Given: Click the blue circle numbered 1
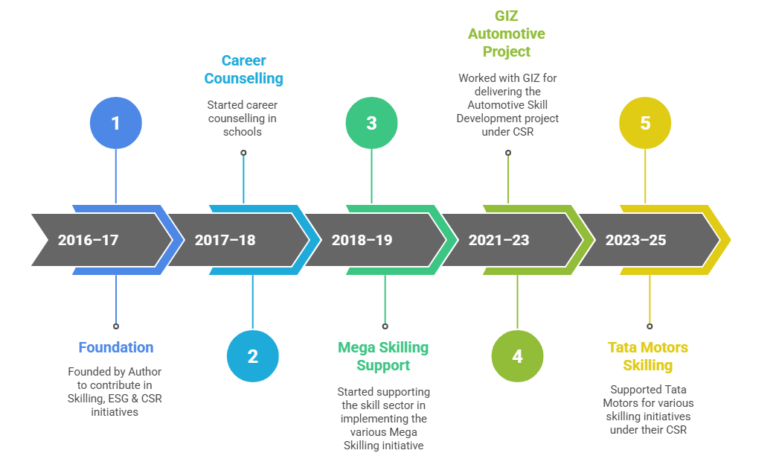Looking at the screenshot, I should (115, 123).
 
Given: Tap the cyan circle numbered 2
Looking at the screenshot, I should (252, 356).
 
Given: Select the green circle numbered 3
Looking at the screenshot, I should (371, 123).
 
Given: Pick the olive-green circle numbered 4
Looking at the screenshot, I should (517, 356).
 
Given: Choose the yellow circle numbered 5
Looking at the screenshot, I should (645, 123).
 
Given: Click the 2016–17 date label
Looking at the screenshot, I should (88, 240).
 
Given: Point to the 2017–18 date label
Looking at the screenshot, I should (225, 240).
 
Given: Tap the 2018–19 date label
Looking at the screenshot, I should (362, 240).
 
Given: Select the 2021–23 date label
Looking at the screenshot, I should (499, 240).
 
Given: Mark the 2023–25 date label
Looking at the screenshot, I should (635, 240).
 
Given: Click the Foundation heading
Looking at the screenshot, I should (116, 347).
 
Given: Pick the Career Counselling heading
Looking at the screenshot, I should (243, 69).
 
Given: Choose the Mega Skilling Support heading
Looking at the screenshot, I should (383, 356).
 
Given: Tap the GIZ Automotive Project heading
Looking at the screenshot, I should (506, 34).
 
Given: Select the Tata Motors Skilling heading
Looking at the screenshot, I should (648, 356).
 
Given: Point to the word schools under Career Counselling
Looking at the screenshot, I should (243, 132).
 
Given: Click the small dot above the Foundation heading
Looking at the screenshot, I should (116, 326).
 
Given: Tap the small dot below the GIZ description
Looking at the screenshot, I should (508, 153).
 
